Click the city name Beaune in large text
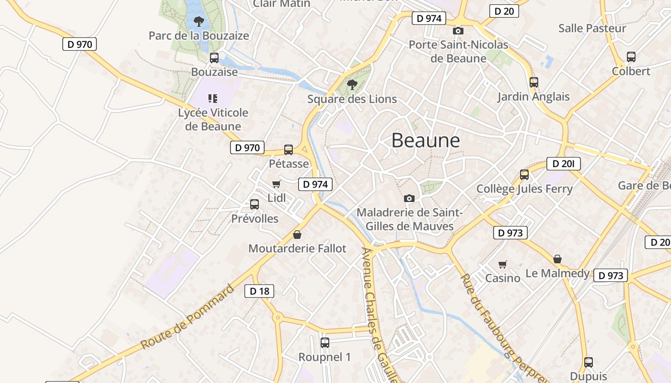tap(426, 141)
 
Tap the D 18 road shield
tap(259, 291)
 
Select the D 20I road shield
tap(563, 164)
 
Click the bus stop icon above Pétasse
tap(289, 149)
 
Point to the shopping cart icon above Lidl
tap(276, 184)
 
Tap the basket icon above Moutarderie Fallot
tap(297, 235)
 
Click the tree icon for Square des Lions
tap(352, 85)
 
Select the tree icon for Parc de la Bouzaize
tap(199, 22)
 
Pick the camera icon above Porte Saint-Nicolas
tap(458, 31)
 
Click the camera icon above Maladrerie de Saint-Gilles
tap(409, 198)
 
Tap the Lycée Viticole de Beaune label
tap(213, 119)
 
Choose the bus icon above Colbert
tap(631, 57)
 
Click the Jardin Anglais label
tap(533, 97)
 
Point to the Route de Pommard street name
tap(187, 317)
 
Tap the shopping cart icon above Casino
tap(503, 264)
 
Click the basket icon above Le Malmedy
tap(557, 259)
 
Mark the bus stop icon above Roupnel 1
tap(325, 342)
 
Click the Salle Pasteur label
tap(592, 28)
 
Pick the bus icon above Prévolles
tap(255, 204)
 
